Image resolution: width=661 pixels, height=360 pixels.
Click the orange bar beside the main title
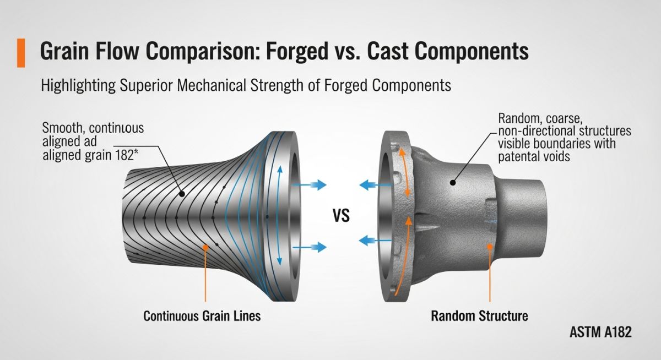(x=21, y=52)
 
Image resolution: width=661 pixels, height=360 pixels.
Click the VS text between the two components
(x=342, y=216)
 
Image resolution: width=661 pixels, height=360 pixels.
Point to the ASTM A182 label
(x=600, y=332)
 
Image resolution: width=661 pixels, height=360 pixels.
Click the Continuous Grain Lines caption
(x=202, y=316)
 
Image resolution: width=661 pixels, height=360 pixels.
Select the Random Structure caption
(x=479, y=316)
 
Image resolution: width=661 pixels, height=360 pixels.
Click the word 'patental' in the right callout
(x=520, y=156)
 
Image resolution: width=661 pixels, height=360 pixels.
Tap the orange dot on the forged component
(x=205, y=248)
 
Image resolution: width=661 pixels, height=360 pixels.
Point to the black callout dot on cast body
(x=453, y=182)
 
